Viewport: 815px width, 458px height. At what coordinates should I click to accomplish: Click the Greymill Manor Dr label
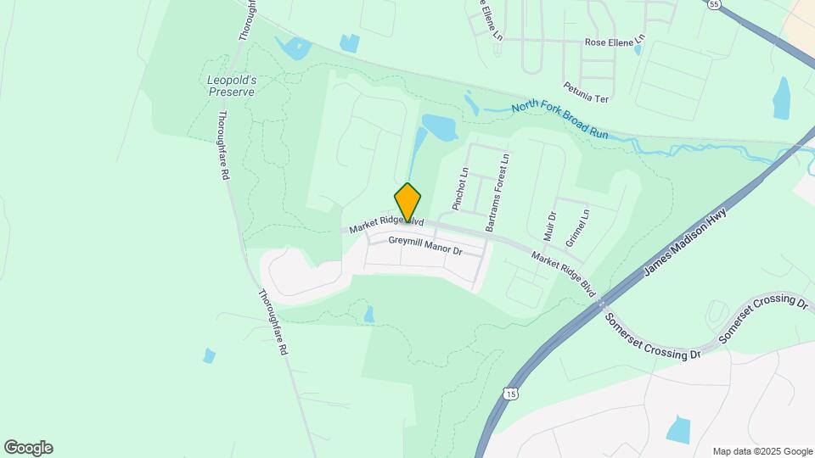click(424, 246)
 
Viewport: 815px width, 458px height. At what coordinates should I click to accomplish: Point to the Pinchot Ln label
click(461, 188)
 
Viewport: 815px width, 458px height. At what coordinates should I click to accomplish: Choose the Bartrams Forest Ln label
click(497, 193)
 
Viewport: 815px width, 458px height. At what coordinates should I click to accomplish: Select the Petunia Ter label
click(586, 92)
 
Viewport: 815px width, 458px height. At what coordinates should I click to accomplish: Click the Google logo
click(28, 448)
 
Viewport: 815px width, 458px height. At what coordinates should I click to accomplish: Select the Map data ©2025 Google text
click(762, 451)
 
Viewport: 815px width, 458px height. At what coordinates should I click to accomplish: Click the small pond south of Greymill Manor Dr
click(368, 315)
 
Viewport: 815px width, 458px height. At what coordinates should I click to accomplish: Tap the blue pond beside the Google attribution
click(679, 429)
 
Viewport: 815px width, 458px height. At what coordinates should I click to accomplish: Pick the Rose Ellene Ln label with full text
click(615, 41)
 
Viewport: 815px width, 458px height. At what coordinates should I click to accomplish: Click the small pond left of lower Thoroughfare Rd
click(209, 355)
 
